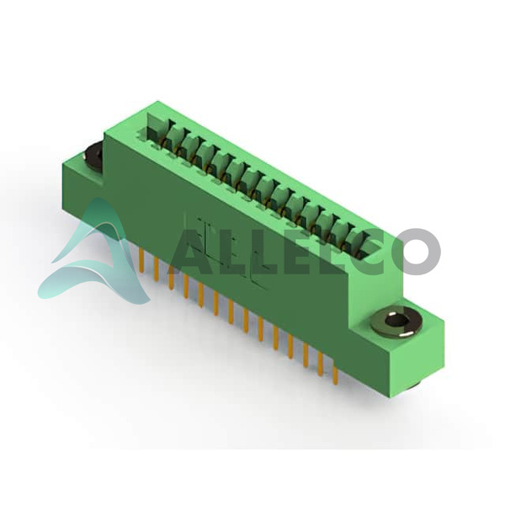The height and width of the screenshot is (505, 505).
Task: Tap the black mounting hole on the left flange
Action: click(x=93, y=154)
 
